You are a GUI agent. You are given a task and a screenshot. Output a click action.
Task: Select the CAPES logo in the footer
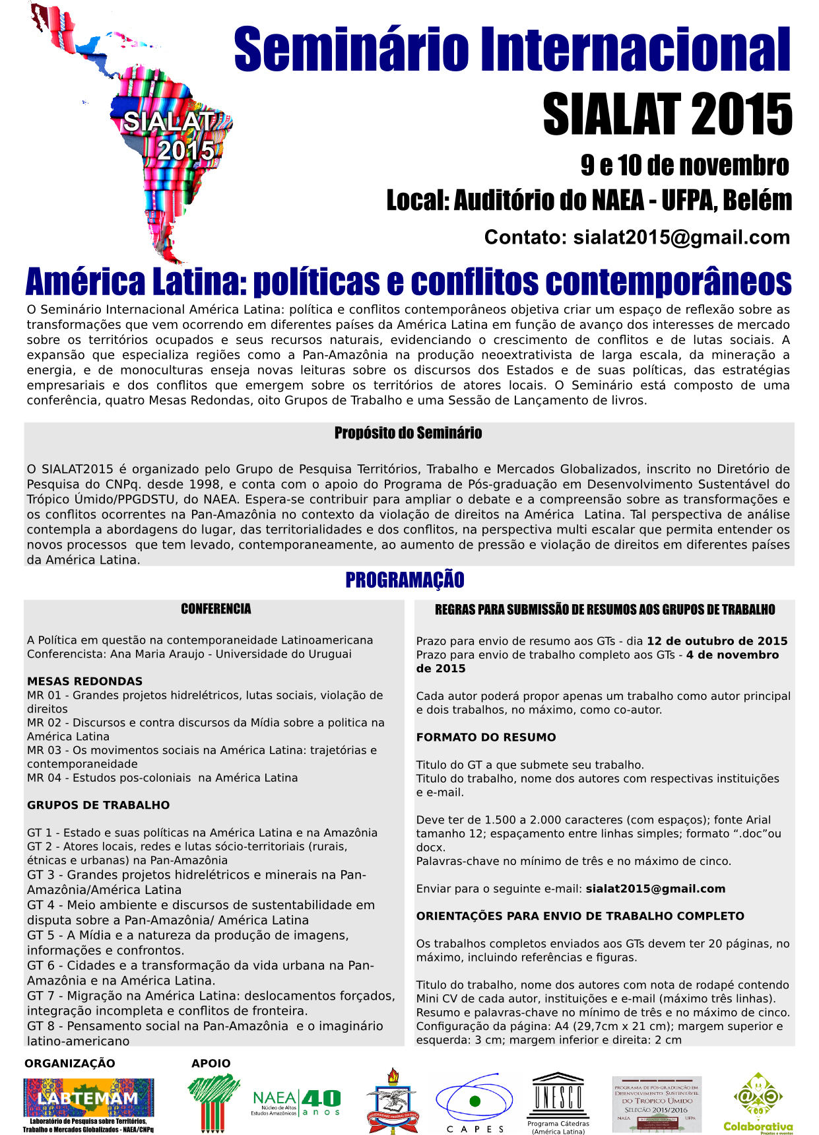pyautogui.click(x=475, y=1101)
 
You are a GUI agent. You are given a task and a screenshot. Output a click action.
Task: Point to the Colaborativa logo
pyautogui.click(x=758, y=1101)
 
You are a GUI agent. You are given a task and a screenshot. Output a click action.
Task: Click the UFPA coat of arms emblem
pyautogui.click(x=393, y=1100)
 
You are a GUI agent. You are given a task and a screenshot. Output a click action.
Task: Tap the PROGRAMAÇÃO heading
pyautogui.click(x=405, y=580)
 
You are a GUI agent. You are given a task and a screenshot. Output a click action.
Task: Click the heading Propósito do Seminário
pyautogui.click(x=408, y=433)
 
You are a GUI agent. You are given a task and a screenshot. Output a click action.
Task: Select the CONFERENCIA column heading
pyautogui.click(x=216, y=609)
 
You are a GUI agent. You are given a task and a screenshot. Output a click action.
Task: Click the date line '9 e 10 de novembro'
pyautogui.click(x=684, y=165)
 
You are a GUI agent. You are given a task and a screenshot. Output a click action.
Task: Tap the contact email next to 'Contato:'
pyautogui.click(x=681, y=237)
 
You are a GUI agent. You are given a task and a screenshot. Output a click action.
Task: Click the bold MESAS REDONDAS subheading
pyautogui.click(x=84, y=681)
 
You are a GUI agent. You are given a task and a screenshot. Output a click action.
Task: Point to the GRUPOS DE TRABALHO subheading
pyautogui.click(x=98, y=805)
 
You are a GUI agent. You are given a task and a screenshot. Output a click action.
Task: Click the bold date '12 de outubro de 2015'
pyautogui.click(x=717, y=641)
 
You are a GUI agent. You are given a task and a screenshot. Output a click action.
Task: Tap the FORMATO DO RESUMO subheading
pyautogui.click(x=486, y=737)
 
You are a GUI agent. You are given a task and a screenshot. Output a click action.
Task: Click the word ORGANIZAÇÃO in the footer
pyautogui.click(x=70, y=1063)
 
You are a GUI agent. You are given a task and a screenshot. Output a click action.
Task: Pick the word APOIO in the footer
pyautogui.click(x=211, y=1063)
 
